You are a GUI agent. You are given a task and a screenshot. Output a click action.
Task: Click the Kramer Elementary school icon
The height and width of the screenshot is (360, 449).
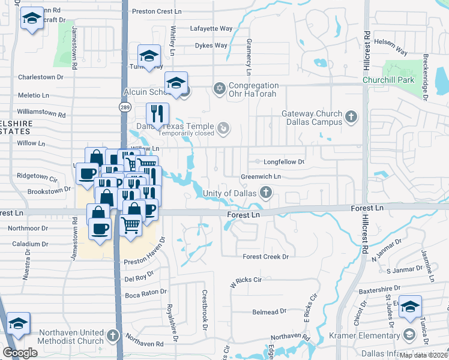[409, 334]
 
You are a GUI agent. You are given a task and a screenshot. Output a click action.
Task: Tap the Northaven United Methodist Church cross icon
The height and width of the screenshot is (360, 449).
[112, 334]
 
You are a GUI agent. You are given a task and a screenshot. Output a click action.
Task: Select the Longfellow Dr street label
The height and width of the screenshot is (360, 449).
[280, 162]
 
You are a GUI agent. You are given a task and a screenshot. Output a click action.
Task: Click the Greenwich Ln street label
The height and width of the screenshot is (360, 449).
[261, 177]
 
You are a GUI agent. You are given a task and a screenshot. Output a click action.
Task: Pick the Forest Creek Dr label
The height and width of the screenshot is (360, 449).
[266, 257]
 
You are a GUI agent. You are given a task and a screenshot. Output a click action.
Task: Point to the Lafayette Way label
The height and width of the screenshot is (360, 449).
[211, 28]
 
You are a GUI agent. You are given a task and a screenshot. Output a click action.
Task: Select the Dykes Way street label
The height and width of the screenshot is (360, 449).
[211, 46]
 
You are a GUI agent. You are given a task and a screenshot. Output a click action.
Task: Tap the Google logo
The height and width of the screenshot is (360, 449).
[20, 353]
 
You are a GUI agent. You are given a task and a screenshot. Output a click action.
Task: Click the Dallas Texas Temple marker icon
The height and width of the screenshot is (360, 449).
[223, 127]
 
